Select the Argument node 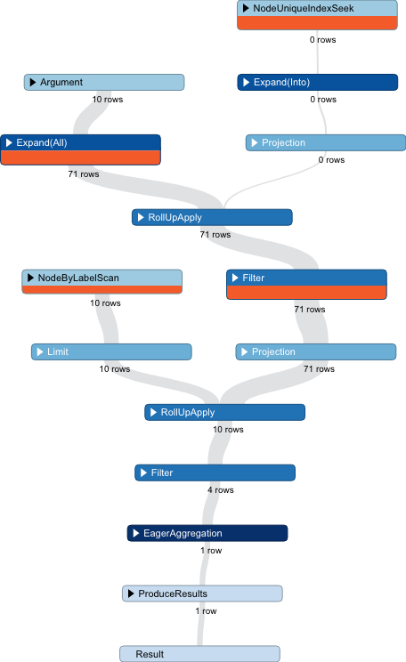click(103, 83)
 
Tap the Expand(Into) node click(317, 83)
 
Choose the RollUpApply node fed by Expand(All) click(212, 217)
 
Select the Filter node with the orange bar click(306, 278)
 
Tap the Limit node click(111, 352)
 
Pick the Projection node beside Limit click(315, 352)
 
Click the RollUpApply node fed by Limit click(224, 413)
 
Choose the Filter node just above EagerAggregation click(215, 473)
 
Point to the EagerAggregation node click(207, 534)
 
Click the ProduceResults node click(202, 593)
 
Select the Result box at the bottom click(199, 654)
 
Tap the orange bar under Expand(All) click(80, 157)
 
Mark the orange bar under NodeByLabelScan click(101, 289)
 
